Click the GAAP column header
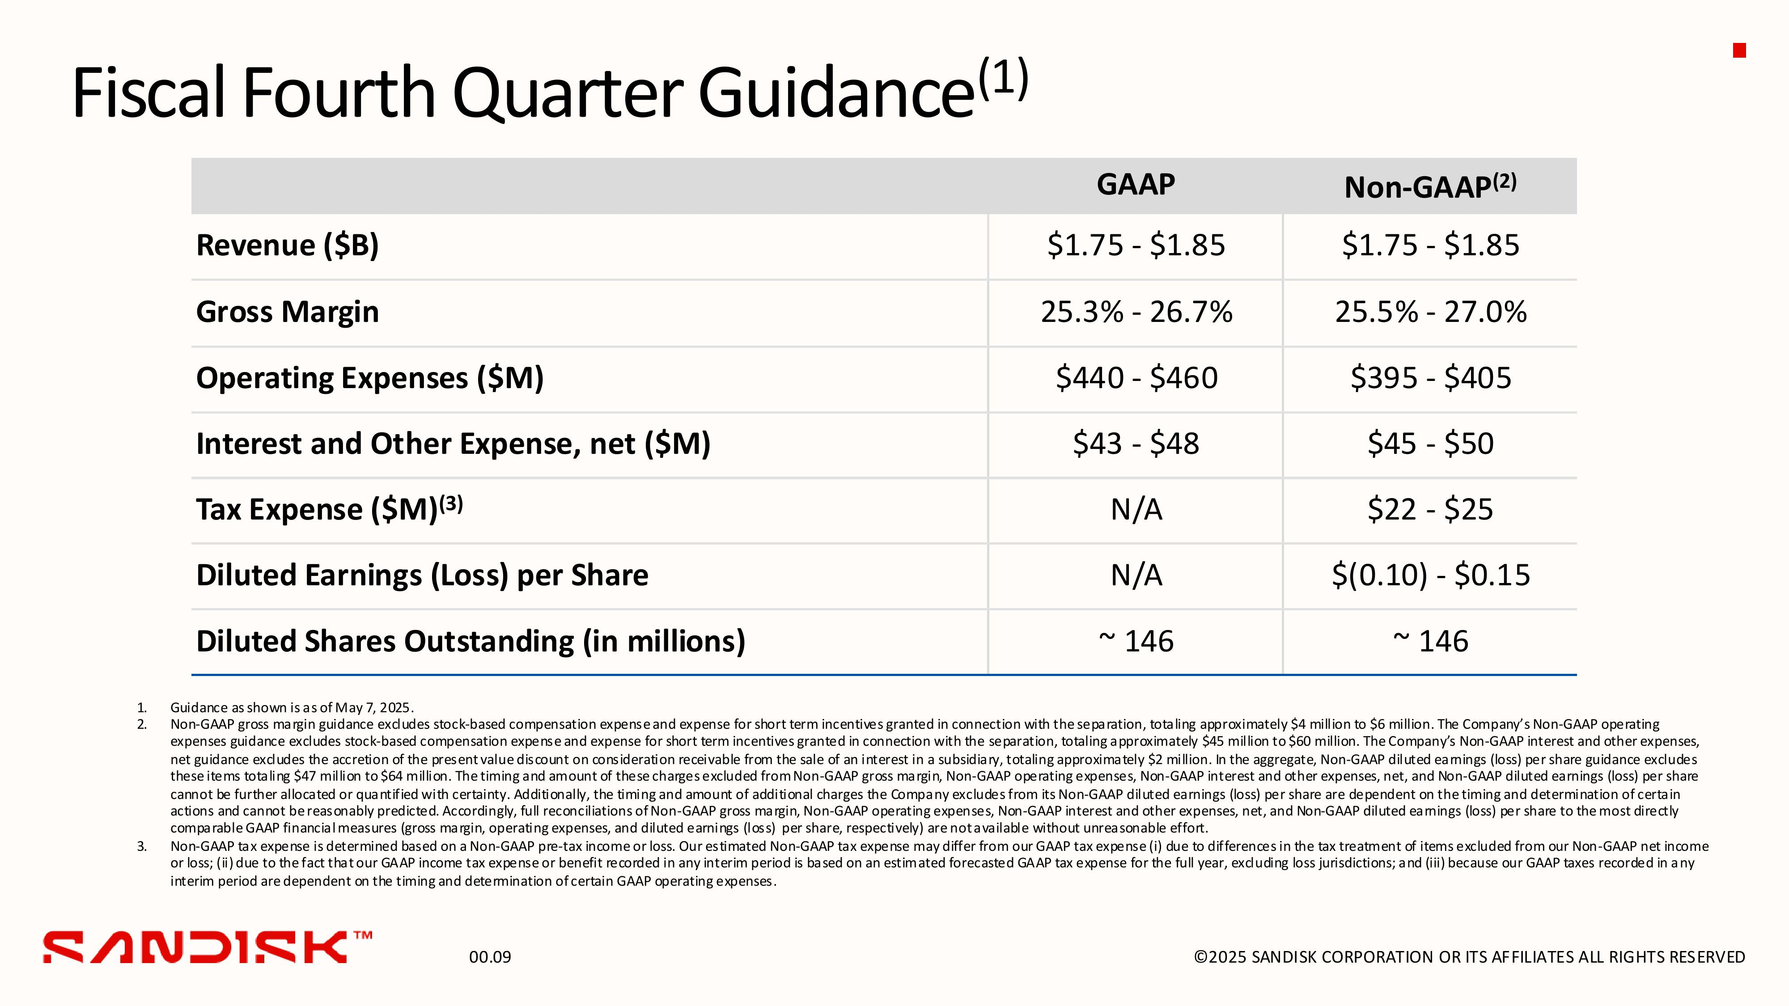click(x=1136, y=185)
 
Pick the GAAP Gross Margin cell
click(x=1136, y=312)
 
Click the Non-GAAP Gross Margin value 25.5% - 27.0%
click(x=1431, y=312)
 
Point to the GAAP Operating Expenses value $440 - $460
click(x=1136, y=378)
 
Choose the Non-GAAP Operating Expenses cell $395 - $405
click(x=1431, y=378)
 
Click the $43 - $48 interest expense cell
click(x=1136, y=444)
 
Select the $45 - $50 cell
click(x=1431, y=444)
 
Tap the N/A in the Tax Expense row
click(x=1136, y=510)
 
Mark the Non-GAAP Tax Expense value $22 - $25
click(x=1431, y=510)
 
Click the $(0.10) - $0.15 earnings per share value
click(x=1431, y=575)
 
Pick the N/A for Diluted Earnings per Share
click(x=1136, y=575)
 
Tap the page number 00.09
click(x=490, y=957)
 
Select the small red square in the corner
click(x=1740, y=50)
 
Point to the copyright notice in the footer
click(x=1469, y=957)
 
